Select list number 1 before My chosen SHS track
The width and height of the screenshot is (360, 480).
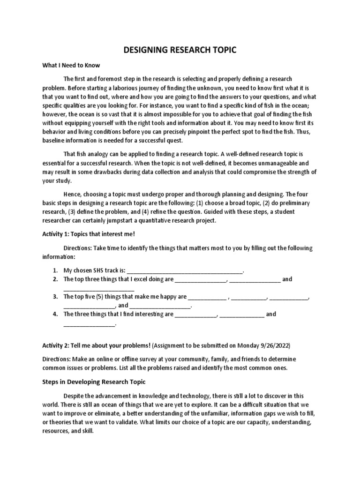[x=55, y=270]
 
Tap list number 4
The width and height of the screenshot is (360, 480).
[x=55, y=314]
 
